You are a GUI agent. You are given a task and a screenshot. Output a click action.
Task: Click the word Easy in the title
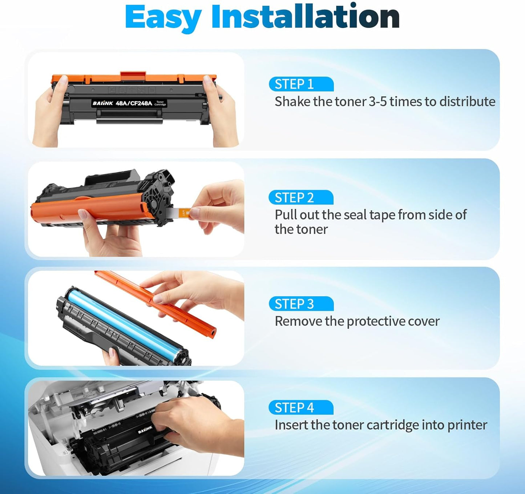pyautogui.click(x=163, y=17)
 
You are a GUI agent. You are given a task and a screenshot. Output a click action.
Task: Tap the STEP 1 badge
pyautogui.click(x=301, y=84)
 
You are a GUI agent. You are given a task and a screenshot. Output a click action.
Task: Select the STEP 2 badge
pyautogui.click(x=301, y=198)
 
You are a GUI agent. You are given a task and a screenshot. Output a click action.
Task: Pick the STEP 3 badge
pyautogui.click(x=301, y=304)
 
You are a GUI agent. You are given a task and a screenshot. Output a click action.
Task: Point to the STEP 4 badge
pyautogui.click(x=301, y=407)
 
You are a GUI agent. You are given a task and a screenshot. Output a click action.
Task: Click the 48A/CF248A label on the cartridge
pyautogui.click(x=134, y=103)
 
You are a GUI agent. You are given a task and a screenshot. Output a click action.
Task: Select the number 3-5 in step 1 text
pyautogui.click(x=378, y=101)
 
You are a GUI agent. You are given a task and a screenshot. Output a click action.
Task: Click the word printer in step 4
pyautogui.click(x=467, y=425)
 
